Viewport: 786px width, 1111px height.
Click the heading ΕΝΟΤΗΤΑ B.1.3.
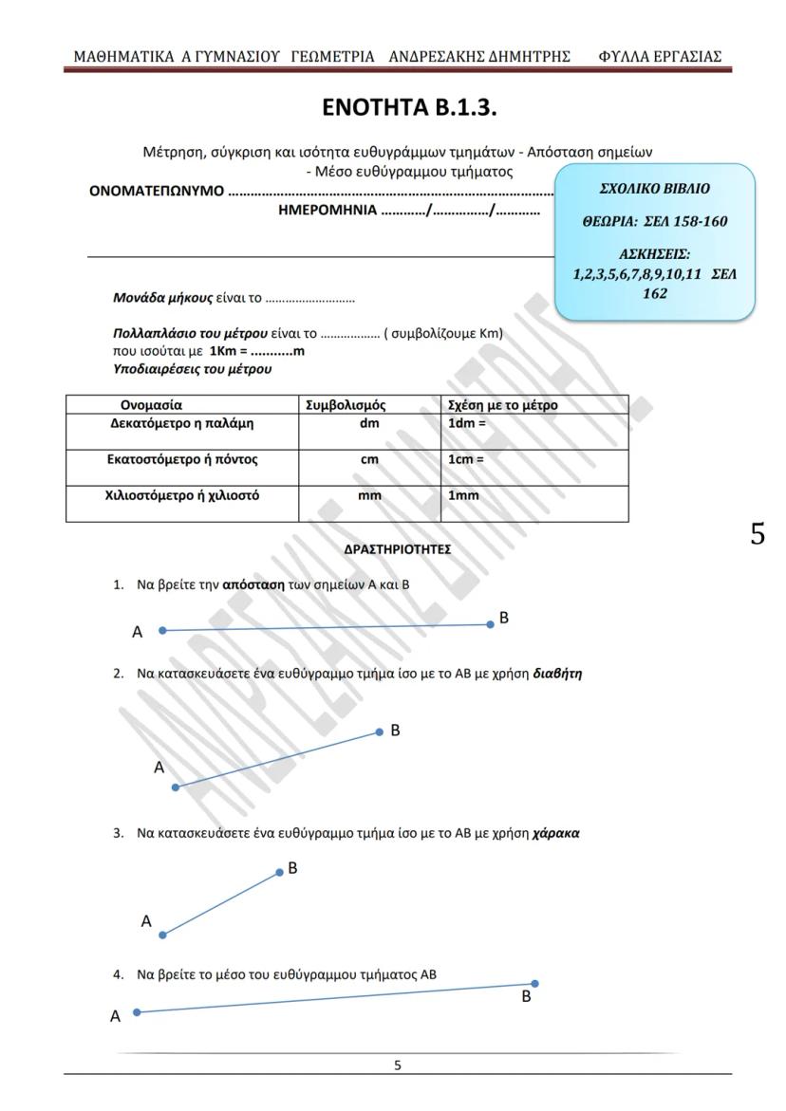point(410,108)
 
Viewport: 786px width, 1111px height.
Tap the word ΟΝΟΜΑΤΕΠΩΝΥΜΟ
point(157,191)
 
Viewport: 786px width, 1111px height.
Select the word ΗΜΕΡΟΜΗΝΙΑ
point(327,211)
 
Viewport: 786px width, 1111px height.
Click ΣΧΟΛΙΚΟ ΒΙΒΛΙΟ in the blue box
point(654,189)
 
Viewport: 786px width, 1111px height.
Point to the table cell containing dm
point(369,424)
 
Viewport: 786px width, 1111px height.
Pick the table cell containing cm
point(369,460)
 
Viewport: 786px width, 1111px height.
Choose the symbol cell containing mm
point(369,495)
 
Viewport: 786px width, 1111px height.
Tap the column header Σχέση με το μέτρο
point(503,405)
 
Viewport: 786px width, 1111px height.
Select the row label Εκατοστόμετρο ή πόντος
point(181,460)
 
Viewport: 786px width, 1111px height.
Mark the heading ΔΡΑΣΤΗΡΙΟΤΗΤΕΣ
point(397,549)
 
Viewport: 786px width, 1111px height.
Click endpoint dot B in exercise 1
point(491,624)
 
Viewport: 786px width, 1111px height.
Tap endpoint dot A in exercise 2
point(176,787)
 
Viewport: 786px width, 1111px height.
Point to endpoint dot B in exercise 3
point(279,872)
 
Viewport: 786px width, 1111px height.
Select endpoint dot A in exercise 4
point(137,1012)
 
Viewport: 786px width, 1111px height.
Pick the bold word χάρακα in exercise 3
point(556,833)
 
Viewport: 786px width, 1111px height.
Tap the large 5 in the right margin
point(757,534)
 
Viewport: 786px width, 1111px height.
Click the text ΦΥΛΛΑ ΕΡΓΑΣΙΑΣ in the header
point(660,57)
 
